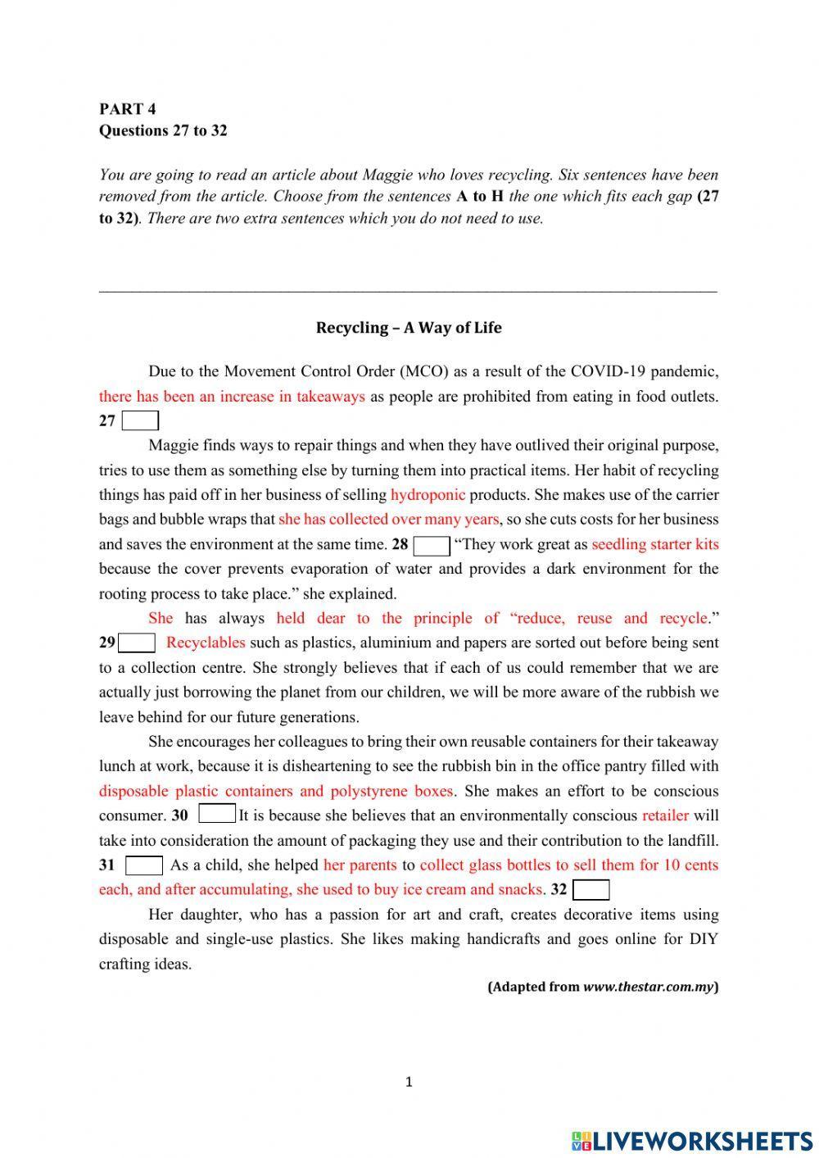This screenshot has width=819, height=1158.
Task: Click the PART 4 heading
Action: (x=127, y=109)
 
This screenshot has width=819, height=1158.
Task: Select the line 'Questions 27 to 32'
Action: (x=163, y=130)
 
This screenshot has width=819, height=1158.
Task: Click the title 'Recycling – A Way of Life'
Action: (x=409, y=328)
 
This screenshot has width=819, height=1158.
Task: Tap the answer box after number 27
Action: (x=140, y=421)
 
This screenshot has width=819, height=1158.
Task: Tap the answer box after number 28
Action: (x=432, y=545)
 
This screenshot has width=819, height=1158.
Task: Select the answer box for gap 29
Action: (x=138, y=643)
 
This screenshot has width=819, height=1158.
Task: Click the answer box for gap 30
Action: (x=217, y=815)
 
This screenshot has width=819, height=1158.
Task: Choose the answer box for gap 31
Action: (x=144, y=865)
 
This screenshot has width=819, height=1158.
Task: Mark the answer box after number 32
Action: (x=591, y=890)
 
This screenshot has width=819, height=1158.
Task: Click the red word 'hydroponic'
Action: (x=428, y=495)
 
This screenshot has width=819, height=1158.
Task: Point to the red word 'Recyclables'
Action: (x=206, y=643)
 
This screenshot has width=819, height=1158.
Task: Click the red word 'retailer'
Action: (x=665, y=815)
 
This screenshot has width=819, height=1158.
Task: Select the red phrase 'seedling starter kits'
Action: (x=654, y=544)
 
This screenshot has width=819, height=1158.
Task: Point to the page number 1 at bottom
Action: (x=409, y=1083)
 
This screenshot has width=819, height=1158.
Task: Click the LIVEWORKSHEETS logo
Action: (x=691, y=1140)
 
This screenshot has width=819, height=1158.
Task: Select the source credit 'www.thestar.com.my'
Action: (x=648, y=987)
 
